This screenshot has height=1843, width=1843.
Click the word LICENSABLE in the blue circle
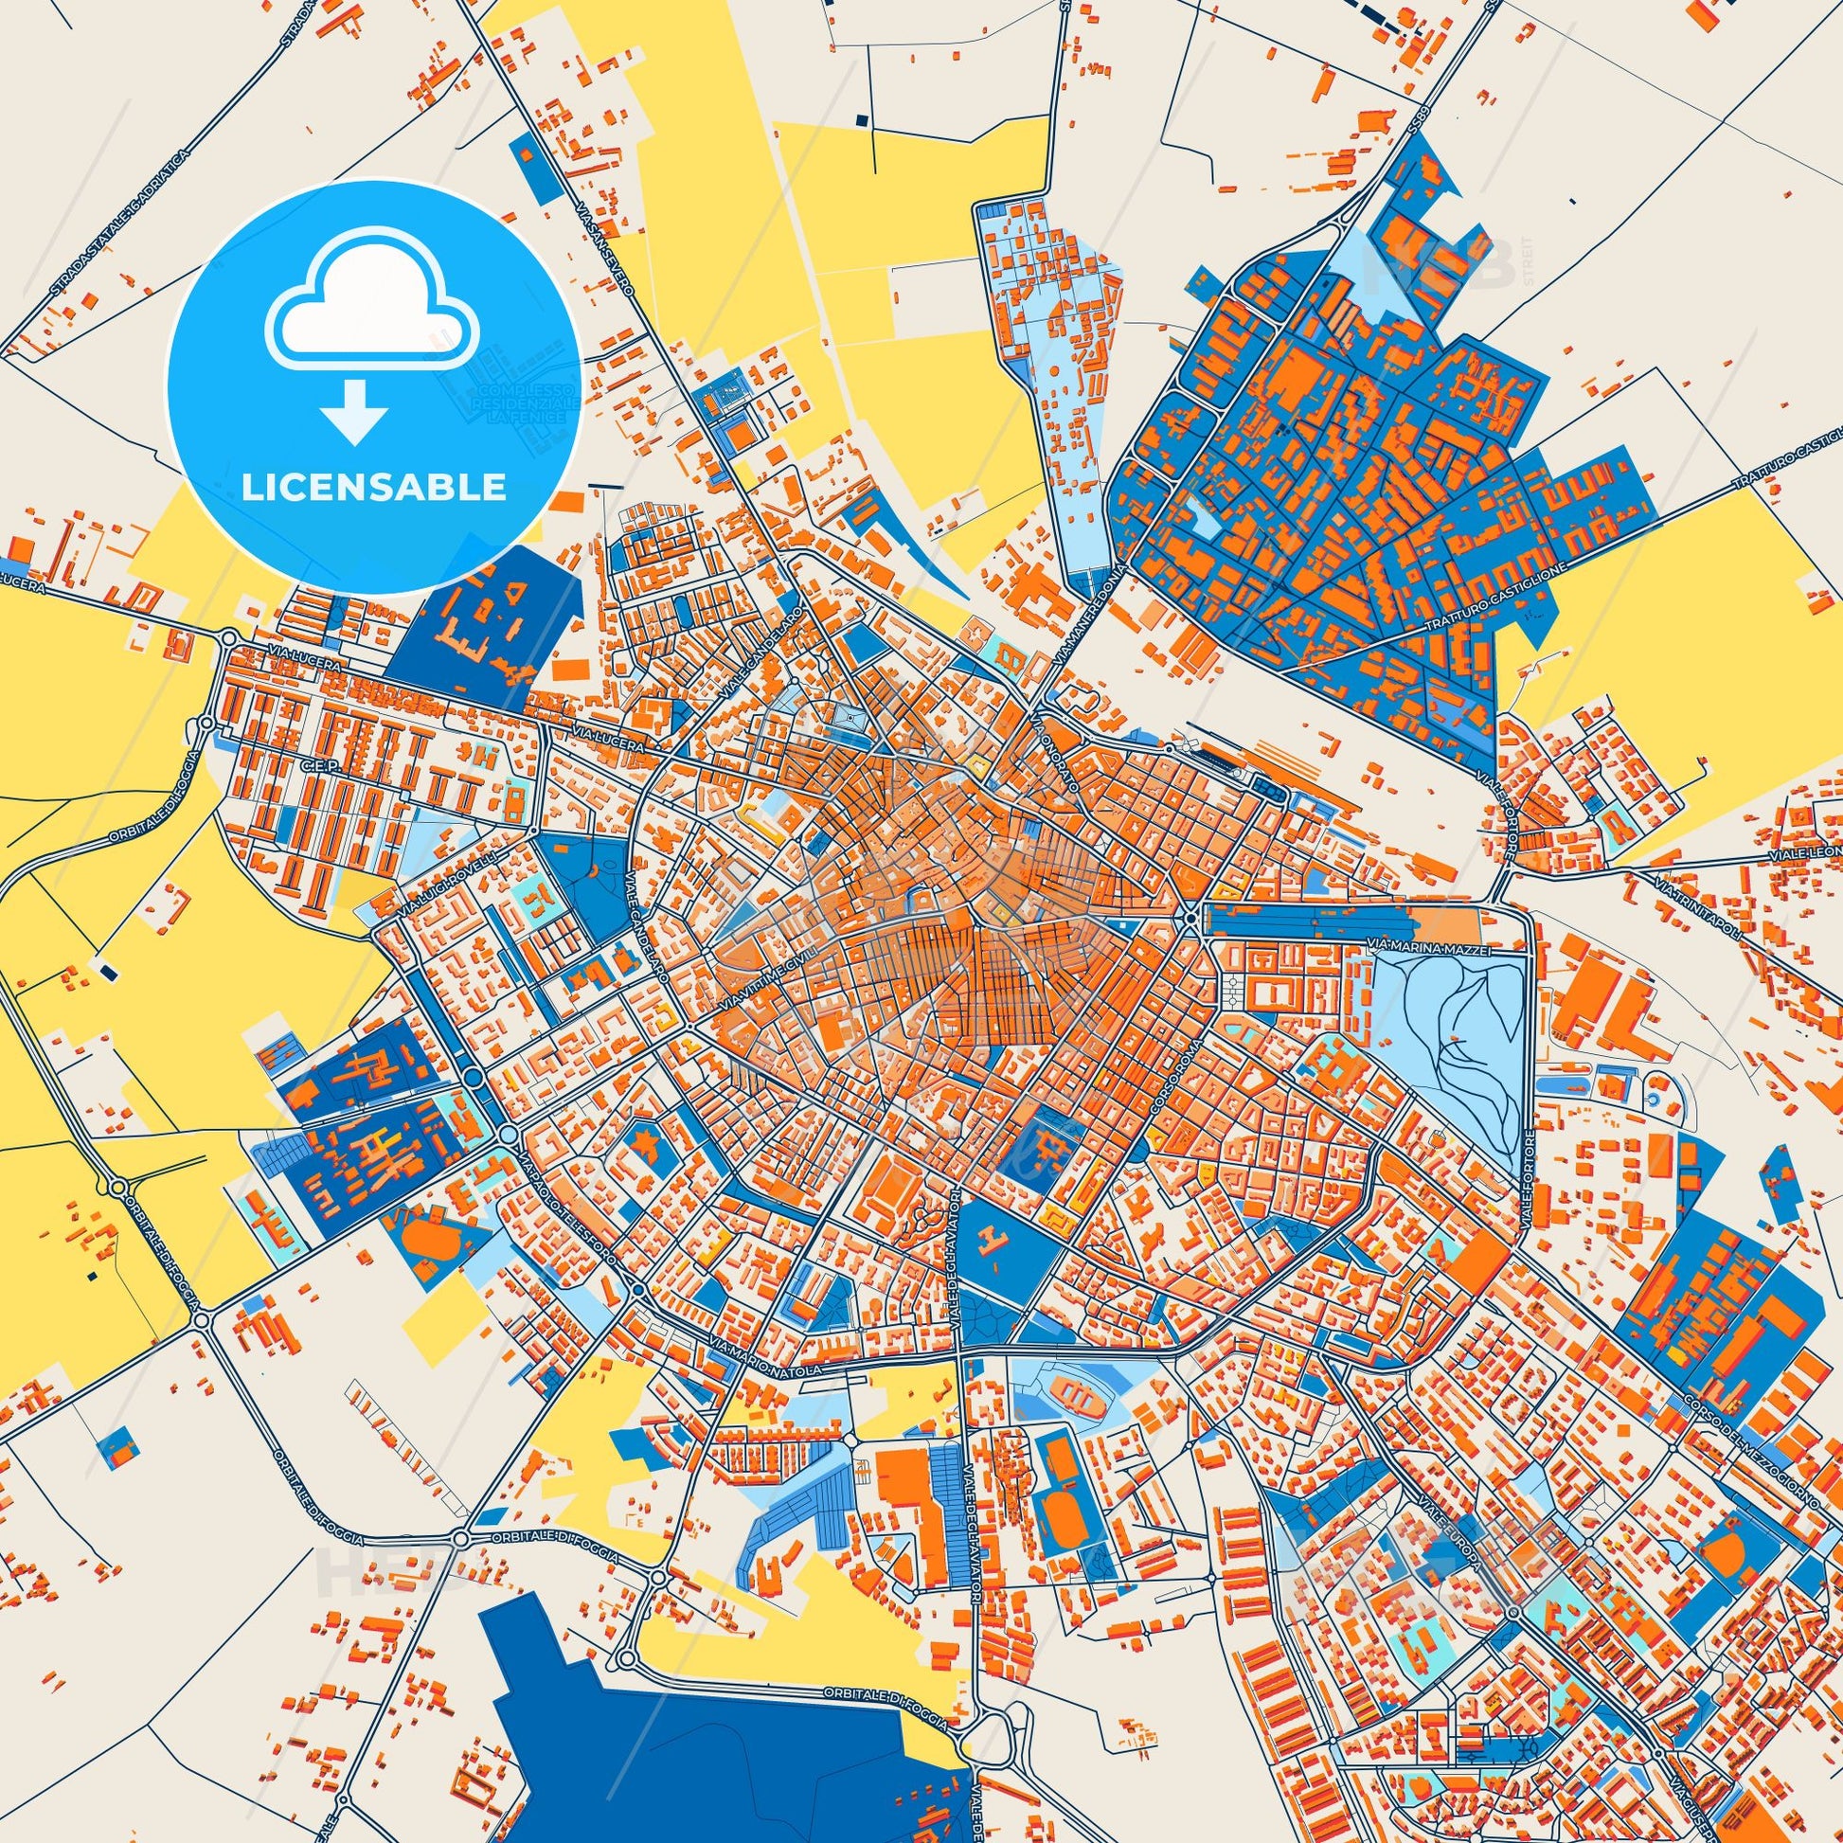tap(373, 487)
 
